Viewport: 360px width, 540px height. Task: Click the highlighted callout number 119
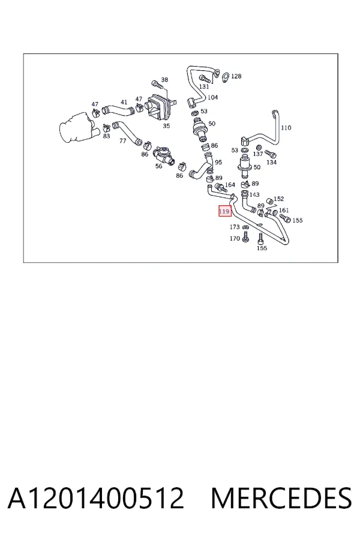tap(224, 211)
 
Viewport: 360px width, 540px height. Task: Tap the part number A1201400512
tap(96, 498)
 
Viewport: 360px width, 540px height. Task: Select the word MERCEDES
tap(281, 498)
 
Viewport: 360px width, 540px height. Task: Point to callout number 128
tap(236, 76)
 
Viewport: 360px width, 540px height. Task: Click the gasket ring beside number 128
tap(226, 78)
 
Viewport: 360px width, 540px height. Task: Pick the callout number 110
tap(286, 128)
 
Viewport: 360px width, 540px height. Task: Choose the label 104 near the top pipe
tap(212, 97)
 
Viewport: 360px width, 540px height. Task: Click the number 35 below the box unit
tap(166, 126)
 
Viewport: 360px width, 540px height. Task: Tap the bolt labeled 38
tap(156, 83)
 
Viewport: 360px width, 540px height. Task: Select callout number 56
tap(158, 166)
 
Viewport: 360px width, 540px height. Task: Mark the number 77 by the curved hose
tap(122, 141)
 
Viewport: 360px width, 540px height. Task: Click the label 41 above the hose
tap(124, 102)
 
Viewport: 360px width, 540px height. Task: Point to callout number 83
tap(106, 136)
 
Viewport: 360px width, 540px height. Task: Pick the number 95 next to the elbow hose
tap(218, 162)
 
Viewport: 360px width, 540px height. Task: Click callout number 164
tap(230, 185)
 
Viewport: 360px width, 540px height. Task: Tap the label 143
tap(254, 194)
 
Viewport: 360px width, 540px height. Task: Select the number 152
tap(278, 199)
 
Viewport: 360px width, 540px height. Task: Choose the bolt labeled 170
tap(245, 236)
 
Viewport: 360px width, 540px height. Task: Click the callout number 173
tap(235, 227)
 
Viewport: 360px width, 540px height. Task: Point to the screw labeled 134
tap(271, 154)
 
